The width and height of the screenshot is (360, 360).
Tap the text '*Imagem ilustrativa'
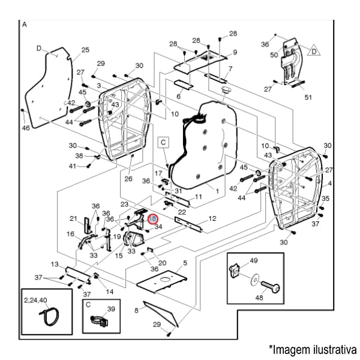pos(312,349)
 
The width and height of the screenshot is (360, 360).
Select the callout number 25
pos(85,50)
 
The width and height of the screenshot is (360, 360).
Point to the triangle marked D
pos(313,52)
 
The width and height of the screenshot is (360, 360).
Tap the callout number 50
pos(274,55)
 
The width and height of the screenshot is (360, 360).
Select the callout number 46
pos(25,128)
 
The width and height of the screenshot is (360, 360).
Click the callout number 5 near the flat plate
pos(185,263)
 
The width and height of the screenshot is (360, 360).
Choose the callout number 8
pos(137,310)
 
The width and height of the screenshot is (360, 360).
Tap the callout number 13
pos(55,264)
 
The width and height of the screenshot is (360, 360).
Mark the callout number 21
pos(73,218)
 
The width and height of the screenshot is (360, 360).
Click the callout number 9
pos(234,52)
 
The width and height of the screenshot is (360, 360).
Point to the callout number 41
pos(73,166)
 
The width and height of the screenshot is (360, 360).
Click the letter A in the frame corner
pos(25,25)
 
